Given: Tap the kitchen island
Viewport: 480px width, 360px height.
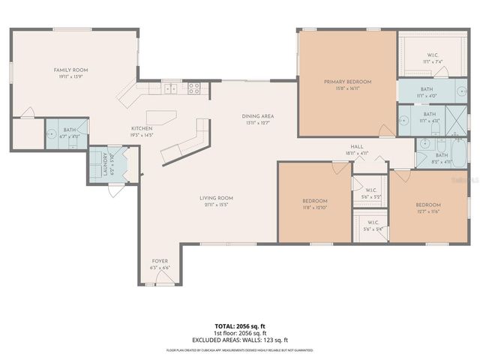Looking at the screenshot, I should click(159, 116).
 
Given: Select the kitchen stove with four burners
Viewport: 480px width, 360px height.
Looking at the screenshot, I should click(193, 87).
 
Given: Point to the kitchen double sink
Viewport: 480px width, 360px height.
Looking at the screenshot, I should click(171, 88).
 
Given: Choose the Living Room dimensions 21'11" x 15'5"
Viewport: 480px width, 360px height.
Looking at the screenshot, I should click(214, 204).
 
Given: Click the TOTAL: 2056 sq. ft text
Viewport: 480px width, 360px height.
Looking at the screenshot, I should click(239, 327).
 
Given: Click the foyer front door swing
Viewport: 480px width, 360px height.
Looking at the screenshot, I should click(158, 280).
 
